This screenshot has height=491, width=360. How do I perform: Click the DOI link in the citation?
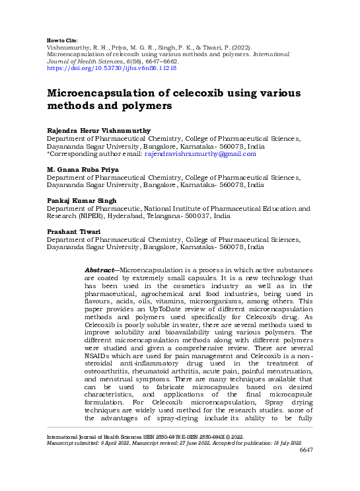pos(112,68)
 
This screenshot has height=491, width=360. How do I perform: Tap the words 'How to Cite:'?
pos(64,40)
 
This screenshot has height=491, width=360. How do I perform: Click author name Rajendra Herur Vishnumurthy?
pos(97,132)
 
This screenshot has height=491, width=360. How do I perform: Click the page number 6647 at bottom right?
pos(306,468)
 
